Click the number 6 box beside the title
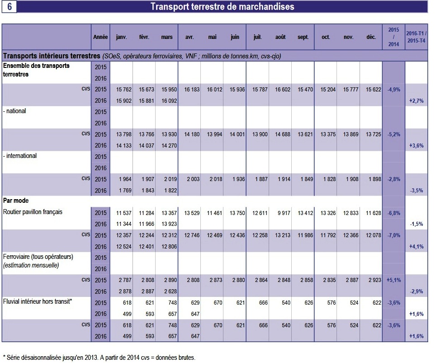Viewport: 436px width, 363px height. [x=9, y=6]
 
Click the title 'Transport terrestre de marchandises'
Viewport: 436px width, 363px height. [x=223, y=6]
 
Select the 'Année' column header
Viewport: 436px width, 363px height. [x=100, y=37]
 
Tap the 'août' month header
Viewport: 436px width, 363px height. [x=280, y=37]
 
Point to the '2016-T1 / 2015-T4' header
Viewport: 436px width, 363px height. [x=416, y=37]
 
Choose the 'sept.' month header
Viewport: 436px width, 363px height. [x=303, y=37]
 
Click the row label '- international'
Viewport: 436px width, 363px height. [x=20, y=156]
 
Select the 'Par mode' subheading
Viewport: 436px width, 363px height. [x=16, y=201]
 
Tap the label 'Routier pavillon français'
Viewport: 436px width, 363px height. [x=33, y=212]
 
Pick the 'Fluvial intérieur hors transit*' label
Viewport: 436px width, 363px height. [x=38, y=301]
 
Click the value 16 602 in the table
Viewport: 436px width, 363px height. [x=283, y=89]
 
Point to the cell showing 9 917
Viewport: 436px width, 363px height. [x=284, y=213]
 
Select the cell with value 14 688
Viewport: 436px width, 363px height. [x=283, y=134]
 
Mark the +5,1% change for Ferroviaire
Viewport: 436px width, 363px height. [x=394, y=280]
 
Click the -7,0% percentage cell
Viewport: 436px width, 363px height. [x=394, y=235]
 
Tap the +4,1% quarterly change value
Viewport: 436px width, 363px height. [x=416, y=246]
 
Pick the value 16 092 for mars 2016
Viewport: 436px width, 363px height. [x=169, y=100]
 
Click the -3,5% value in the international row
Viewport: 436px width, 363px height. [x=417, y=191]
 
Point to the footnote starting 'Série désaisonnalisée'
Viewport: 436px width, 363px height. [x=99, y=358]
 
